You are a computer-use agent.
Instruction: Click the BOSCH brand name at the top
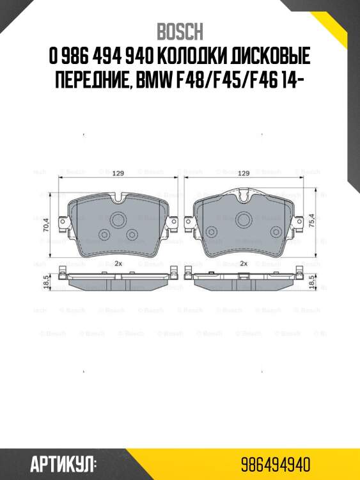(x=180, y=31)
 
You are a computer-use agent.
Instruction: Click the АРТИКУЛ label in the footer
(x=64, y=462)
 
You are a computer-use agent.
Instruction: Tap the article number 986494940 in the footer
(x=276, y=462)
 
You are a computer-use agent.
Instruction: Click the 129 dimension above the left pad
(x=118, y=173)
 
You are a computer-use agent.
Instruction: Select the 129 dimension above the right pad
(x=244, y=173)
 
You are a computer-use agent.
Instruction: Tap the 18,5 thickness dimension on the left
(x=46, y=280)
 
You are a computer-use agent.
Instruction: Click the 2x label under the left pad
(x=118, y=264)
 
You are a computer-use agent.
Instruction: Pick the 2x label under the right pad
(x=244, y=264)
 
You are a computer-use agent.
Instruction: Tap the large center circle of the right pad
(x=243, y=220)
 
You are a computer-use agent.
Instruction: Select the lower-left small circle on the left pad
(x=104, y=234)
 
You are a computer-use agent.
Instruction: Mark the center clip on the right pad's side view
(x=243, y=276)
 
